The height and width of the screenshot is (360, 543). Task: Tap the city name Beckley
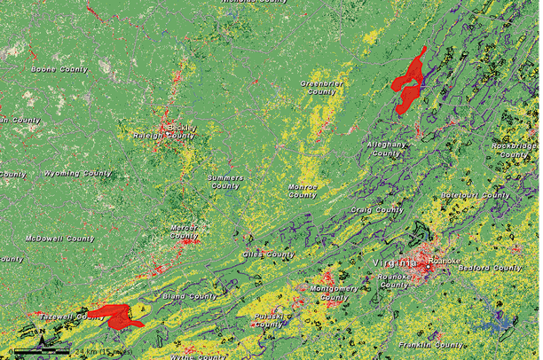(182, 127)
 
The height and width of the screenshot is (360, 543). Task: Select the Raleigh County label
(163, 136)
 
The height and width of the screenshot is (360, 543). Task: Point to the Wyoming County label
(74, 173)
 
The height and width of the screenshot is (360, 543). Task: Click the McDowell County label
(59, 239)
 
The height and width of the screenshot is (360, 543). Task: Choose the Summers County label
(224, 182)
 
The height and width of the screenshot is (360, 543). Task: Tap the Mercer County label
(184, 231)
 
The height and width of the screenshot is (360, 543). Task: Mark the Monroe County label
(303, 192)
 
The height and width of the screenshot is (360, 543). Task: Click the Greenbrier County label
(318, 87)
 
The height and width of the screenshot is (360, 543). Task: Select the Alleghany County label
(386, 148)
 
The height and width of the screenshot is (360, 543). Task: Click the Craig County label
(378, 210)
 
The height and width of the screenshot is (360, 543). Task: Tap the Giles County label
(268, 254)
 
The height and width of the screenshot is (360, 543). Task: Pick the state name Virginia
(391, 262)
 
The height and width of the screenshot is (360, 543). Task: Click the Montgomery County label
(334, 293)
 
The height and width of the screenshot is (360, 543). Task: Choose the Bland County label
(191, 295)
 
